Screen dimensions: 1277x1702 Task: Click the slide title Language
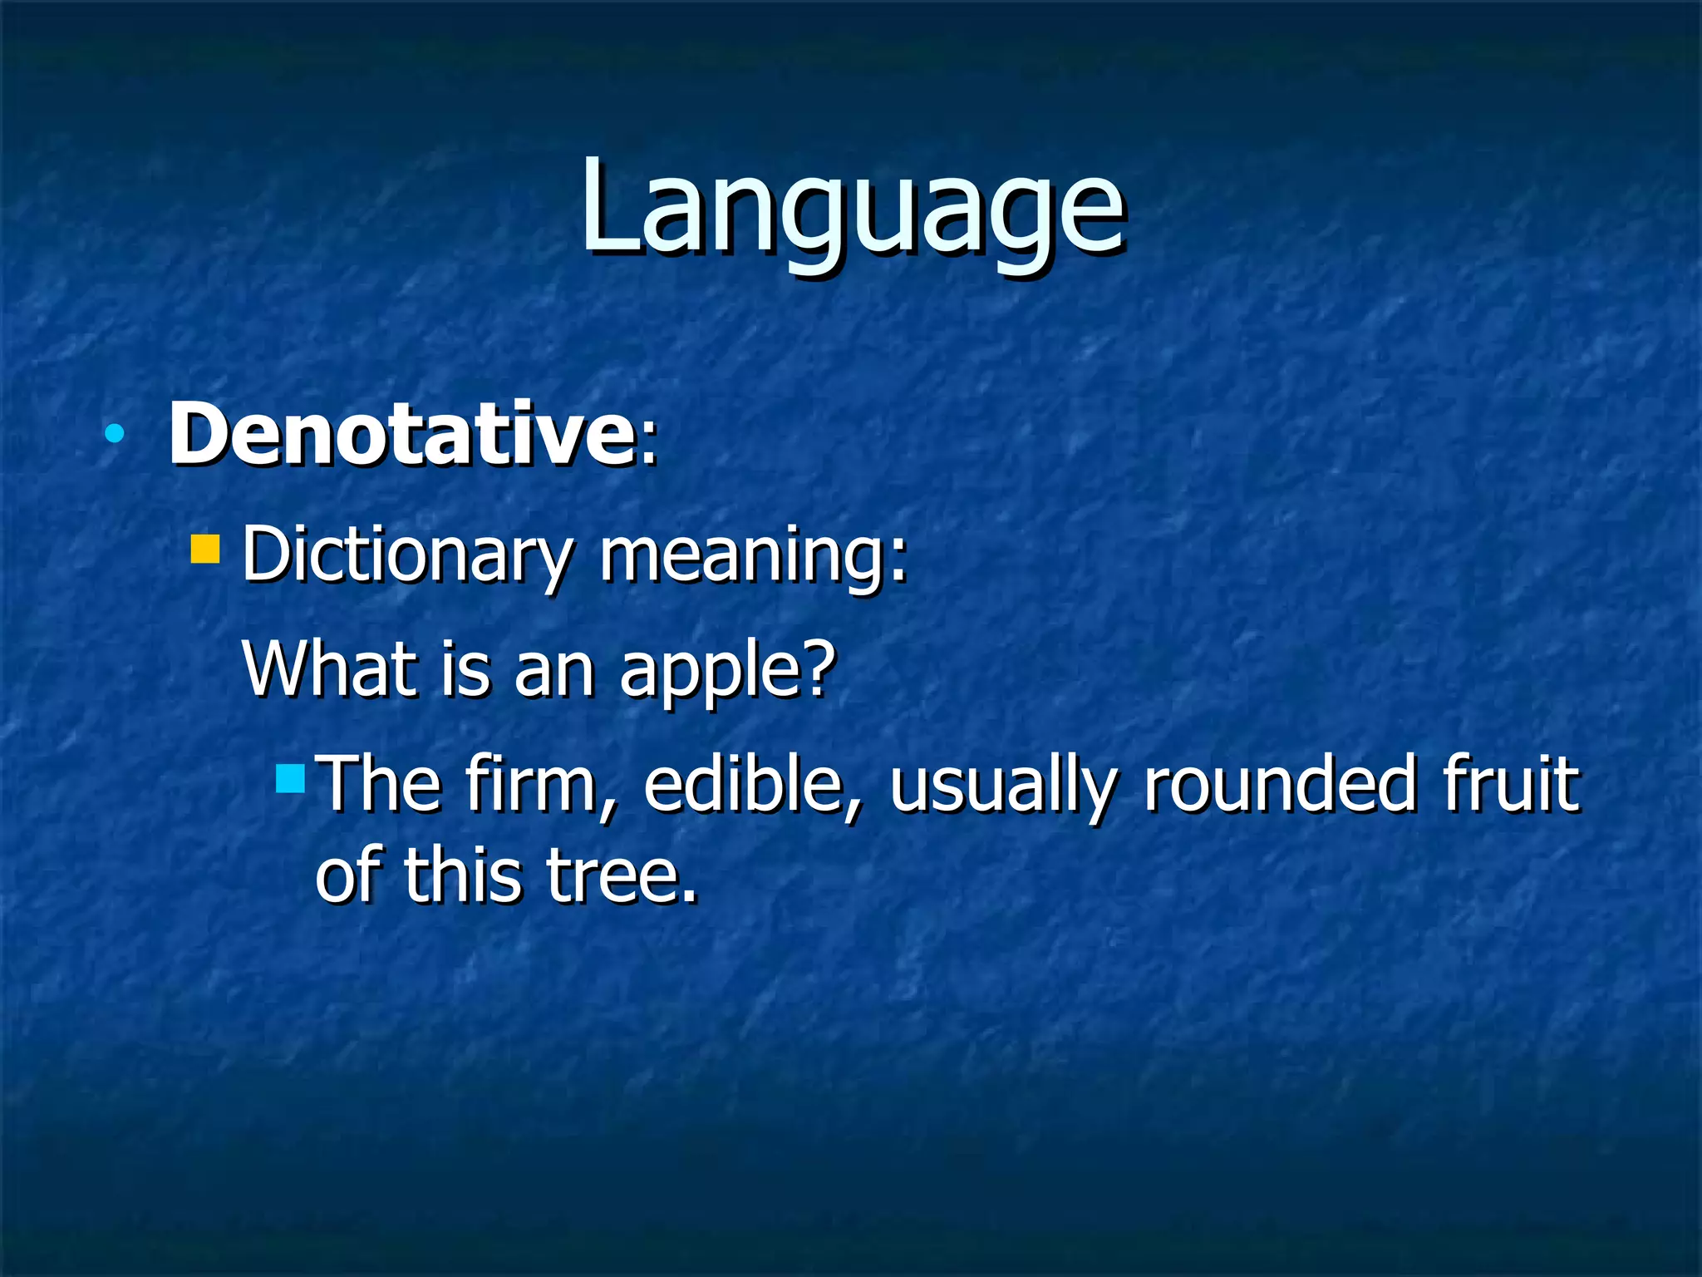point(851,208)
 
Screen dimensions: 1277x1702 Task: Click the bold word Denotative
point(401,434)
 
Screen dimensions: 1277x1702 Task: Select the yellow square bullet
point(204,550)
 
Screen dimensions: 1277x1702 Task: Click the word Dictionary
point(407,555)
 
